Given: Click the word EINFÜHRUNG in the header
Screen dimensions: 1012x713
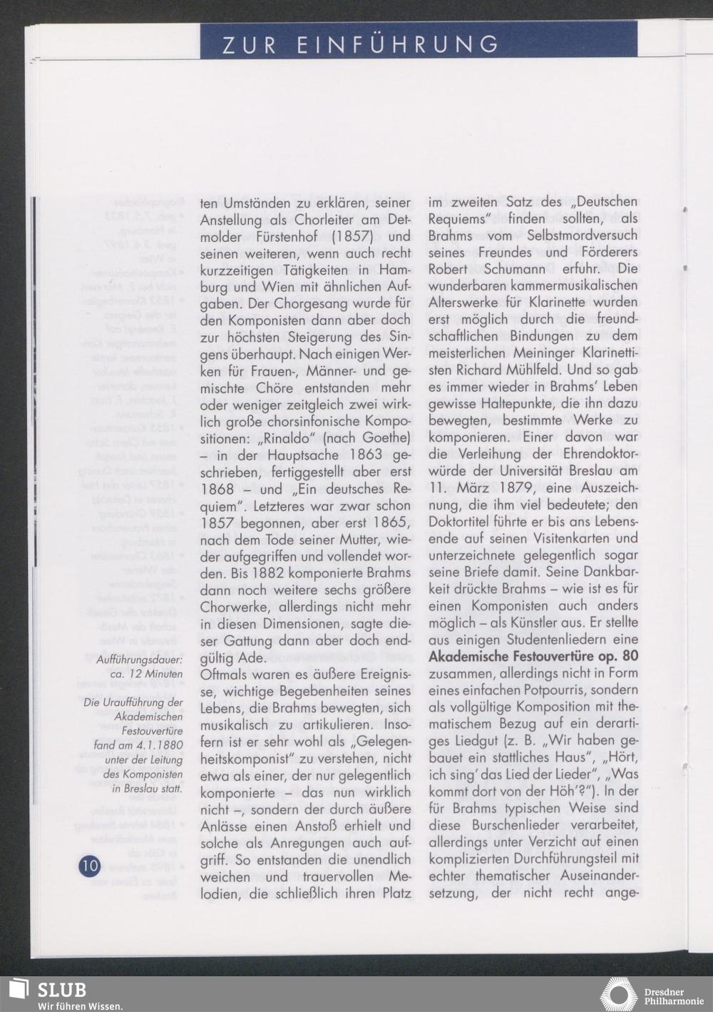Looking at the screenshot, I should pos(399,44).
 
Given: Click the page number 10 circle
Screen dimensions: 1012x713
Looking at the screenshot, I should pos(89,866).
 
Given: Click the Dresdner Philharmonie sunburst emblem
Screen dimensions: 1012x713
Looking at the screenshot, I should pos(618,996).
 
